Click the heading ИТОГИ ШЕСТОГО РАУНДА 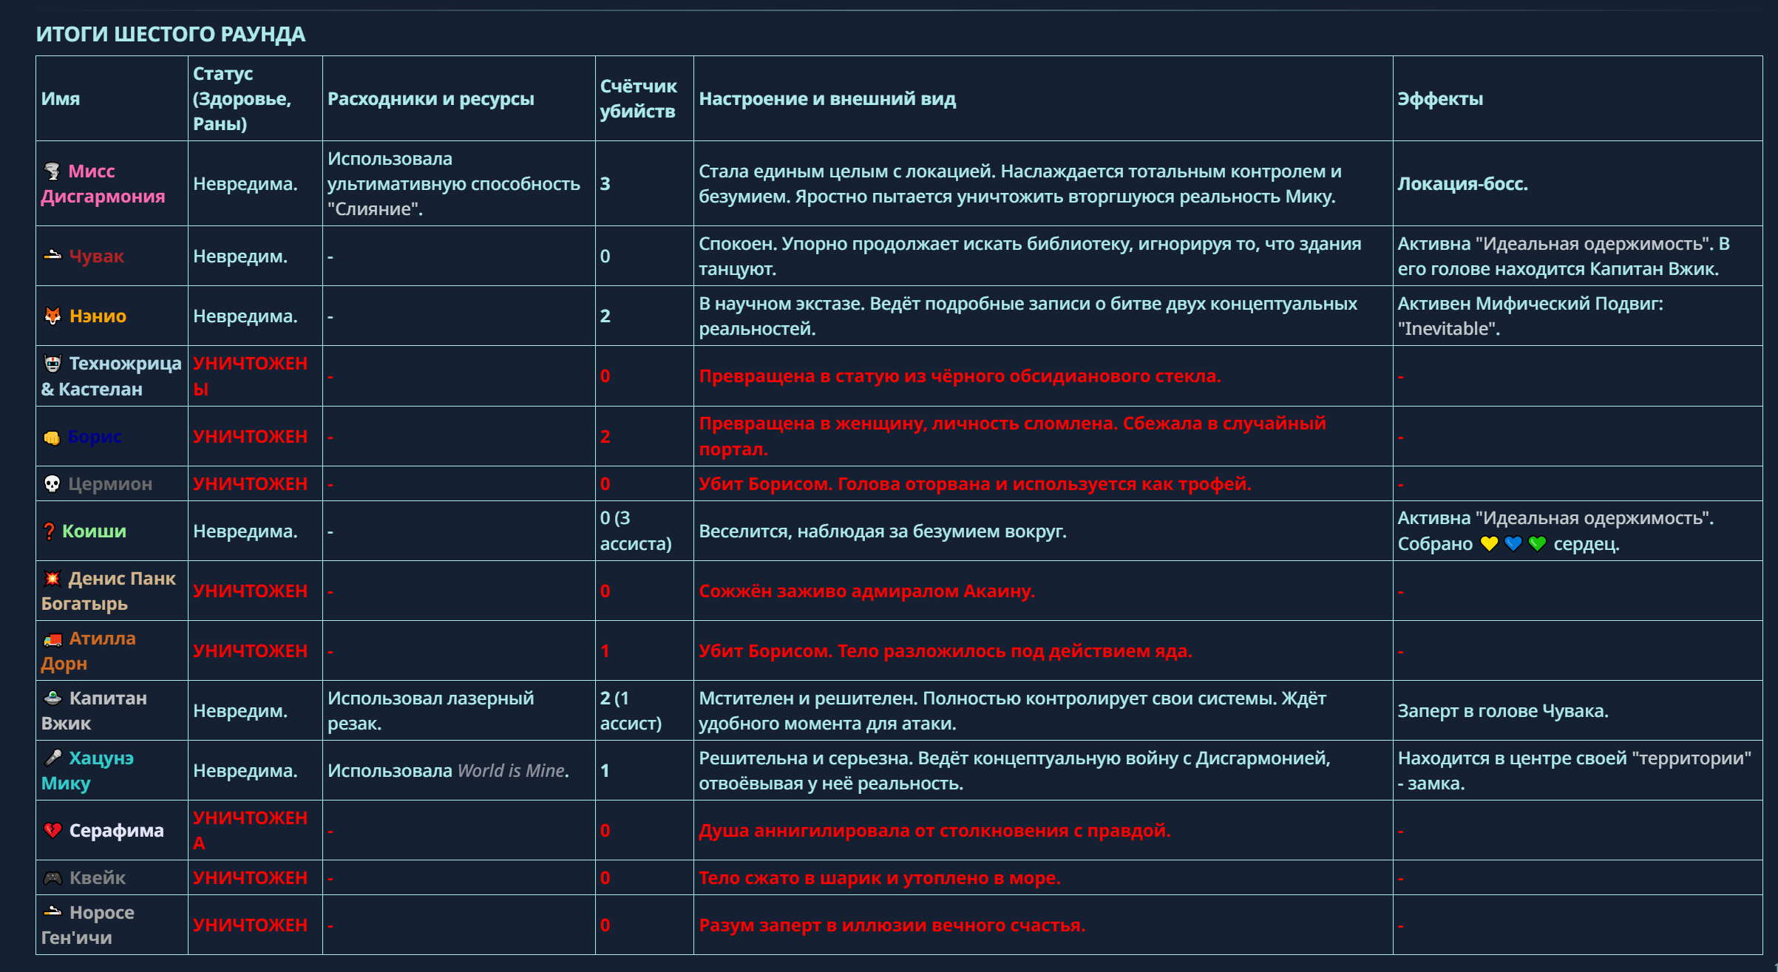point(171,34)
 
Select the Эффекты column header point(1439,98)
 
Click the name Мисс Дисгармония point(103,184)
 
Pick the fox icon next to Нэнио point(52,316)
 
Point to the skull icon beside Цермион point(52,484)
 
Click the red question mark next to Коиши point(49,531)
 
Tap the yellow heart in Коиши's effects point(1489,544)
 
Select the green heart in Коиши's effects point(1537,544)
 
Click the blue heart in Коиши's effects point(1513,544)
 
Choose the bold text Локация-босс point(1462,184)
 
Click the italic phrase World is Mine point(512,771)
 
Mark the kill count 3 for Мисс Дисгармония point(605,184)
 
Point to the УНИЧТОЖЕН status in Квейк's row point(250,878)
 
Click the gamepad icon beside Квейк point(52,878)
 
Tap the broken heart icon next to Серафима point(52,831)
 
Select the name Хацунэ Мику point(87,771)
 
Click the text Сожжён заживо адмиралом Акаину point(866,591)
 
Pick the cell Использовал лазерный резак point(430,711)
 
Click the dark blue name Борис point(95,437)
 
